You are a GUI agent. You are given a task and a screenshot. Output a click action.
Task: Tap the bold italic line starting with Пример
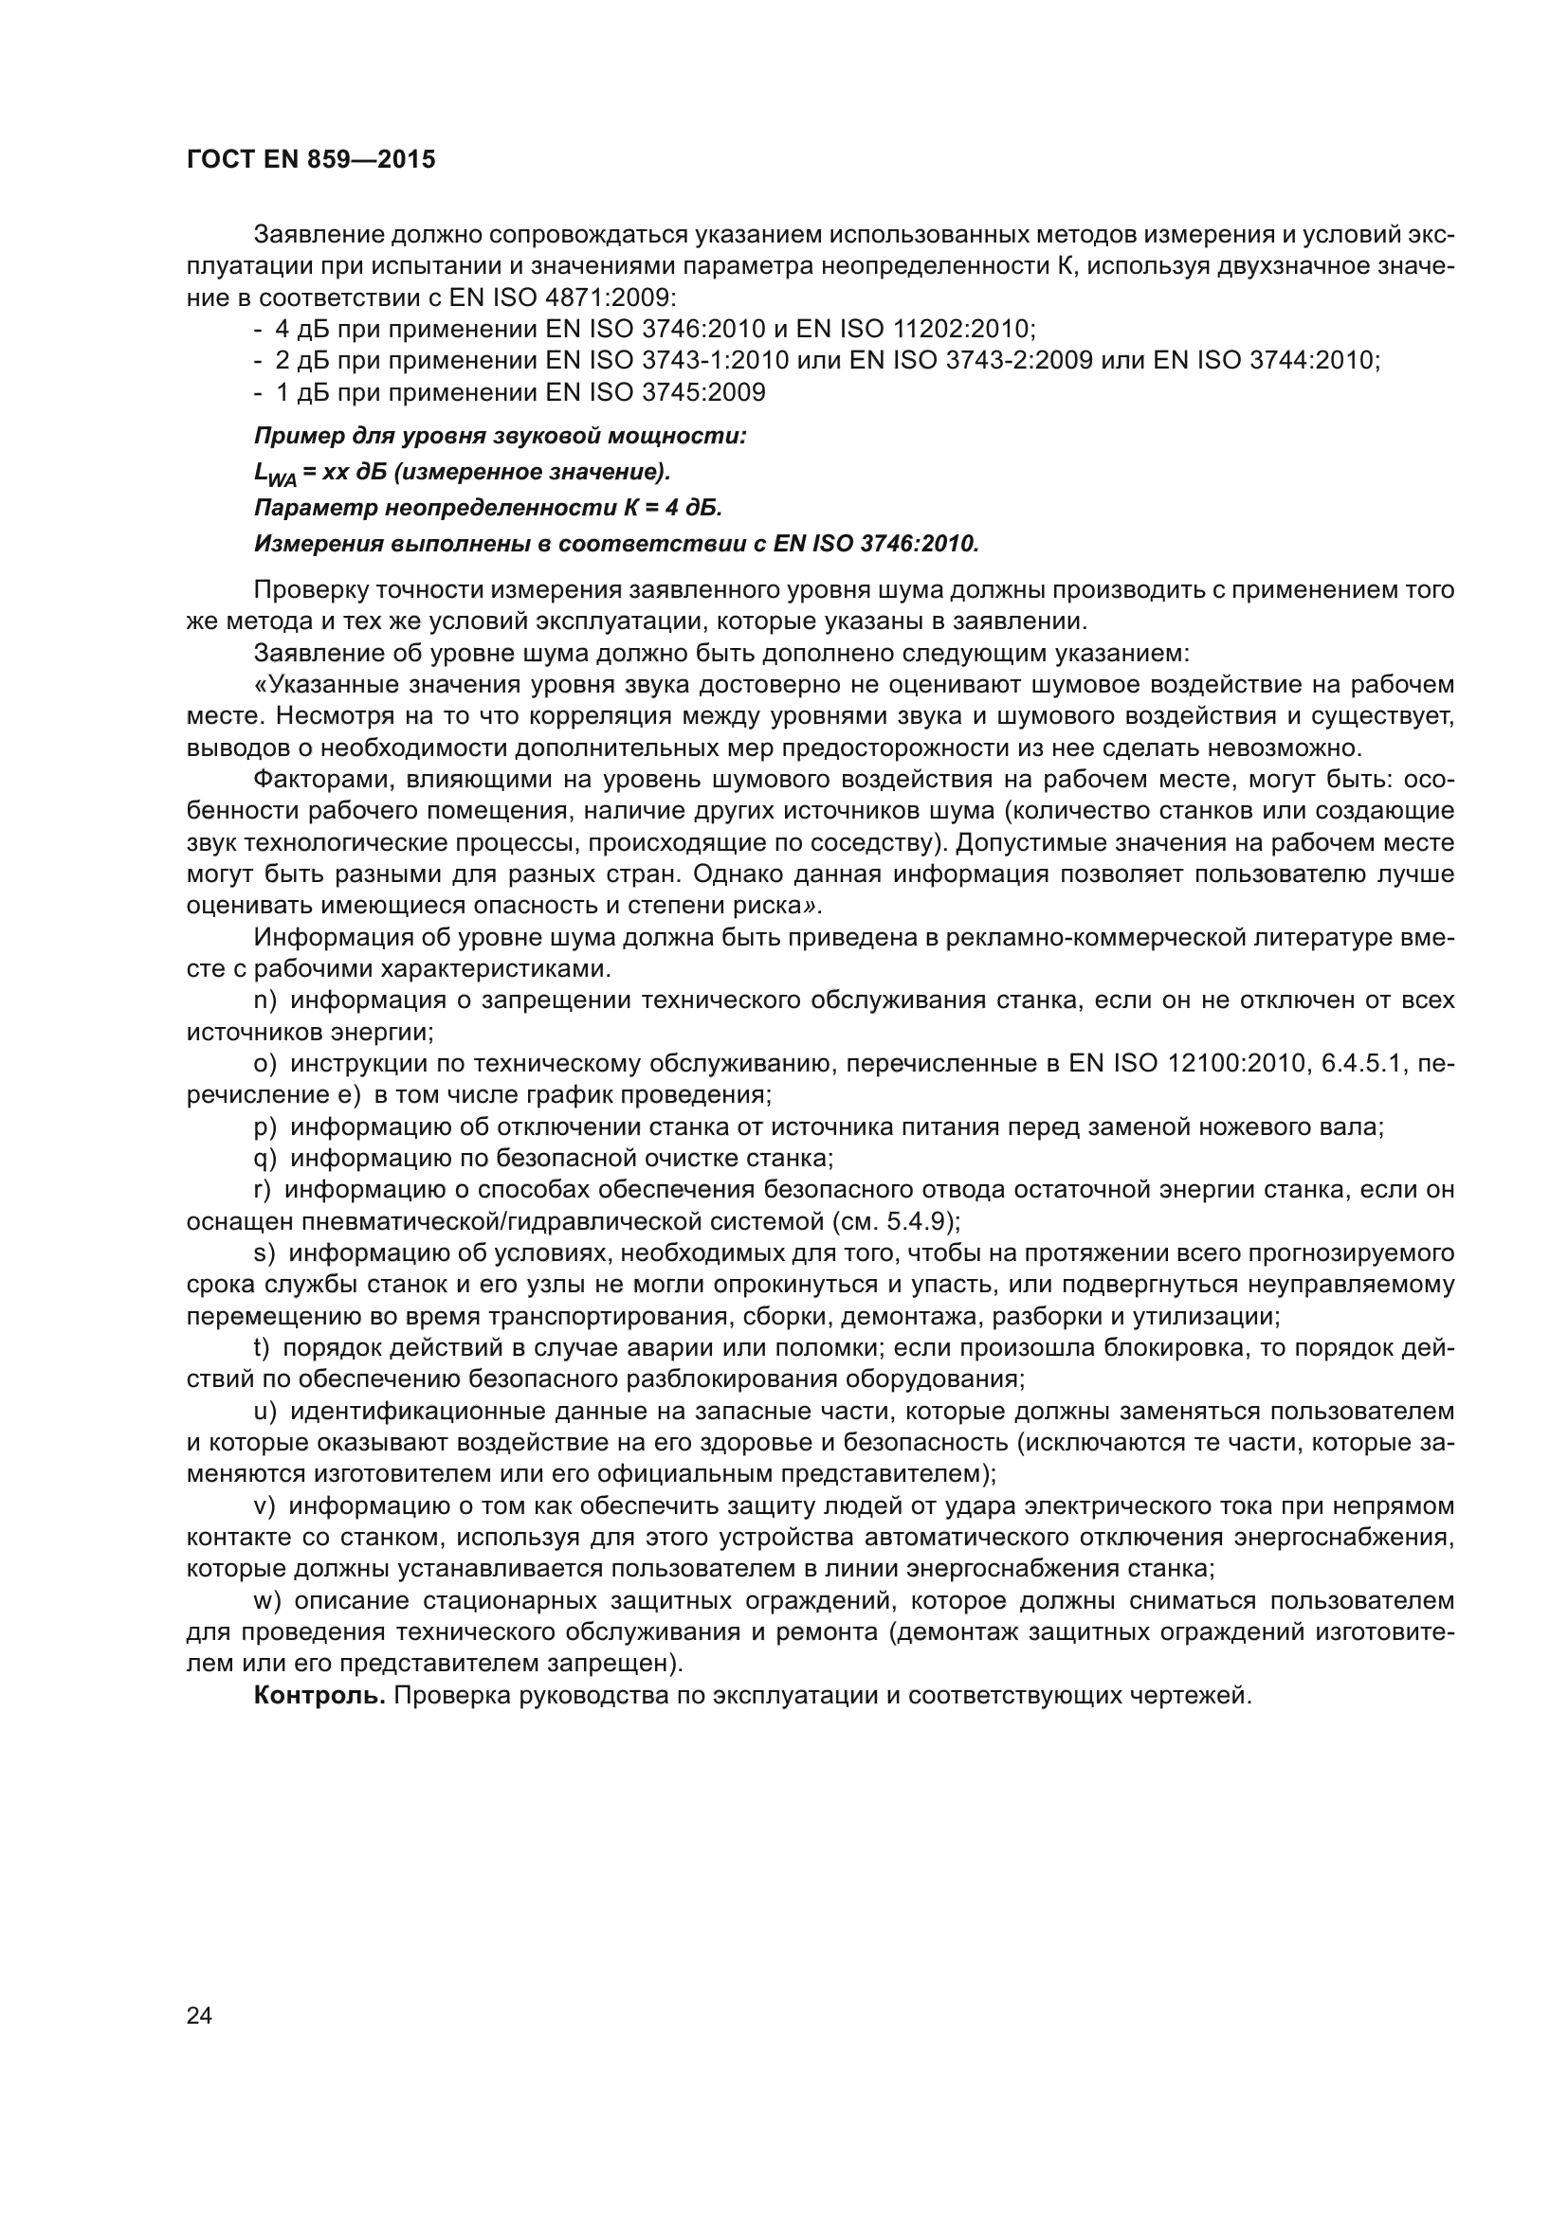[501, 436]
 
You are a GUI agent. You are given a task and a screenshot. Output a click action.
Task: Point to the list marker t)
[261, 1348]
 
